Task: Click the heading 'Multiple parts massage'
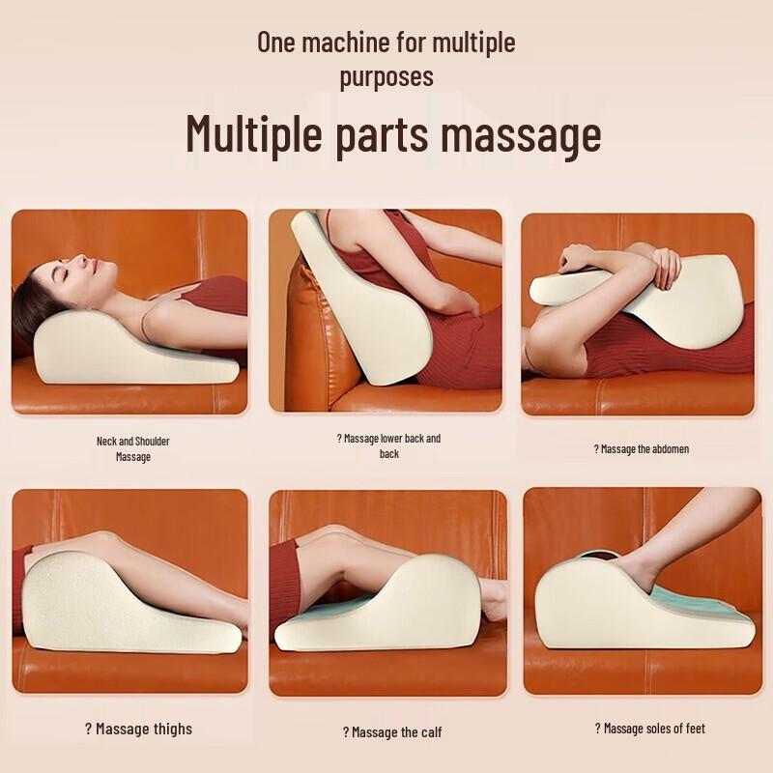coord(393,134)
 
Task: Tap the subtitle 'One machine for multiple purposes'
coord(386,59)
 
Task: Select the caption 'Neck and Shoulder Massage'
coord(133,448)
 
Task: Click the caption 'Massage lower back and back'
coord(388,445)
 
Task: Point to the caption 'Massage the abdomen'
coord(641,448)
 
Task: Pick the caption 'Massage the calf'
coord(392,731)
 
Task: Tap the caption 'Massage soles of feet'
coord(649,728)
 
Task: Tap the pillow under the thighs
coord(106,604)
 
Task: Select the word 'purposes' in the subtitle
coord(386,75)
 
